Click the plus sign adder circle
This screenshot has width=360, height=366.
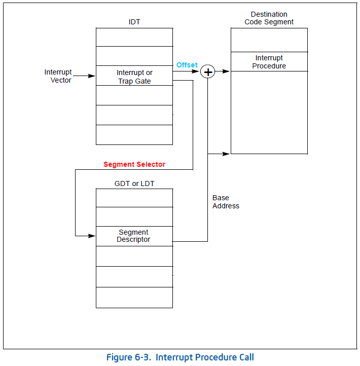point(208,72)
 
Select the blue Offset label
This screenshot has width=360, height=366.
point(187,65)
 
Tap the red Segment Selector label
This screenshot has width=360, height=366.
point(134,164)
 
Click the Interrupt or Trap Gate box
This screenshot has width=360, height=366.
point(134,76)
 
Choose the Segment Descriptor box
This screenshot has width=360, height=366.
point(134,236)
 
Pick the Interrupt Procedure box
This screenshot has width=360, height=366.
point(269,62)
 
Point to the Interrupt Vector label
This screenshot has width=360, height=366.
point(58,76)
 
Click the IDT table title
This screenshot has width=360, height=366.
point(134,22)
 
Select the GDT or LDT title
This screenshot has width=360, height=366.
point(134,184)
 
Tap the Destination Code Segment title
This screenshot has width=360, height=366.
point(269,18)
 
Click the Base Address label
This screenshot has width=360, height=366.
point(226,202)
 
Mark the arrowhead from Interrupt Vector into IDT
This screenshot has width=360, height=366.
point(92,76)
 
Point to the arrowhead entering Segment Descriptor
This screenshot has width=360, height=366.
point(92,236)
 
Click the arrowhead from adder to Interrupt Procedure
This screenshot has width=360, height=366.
point(227,72)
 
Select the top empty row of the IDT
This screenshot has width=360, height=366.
point(134,37)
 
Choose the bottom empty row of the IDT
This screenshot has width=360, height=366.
point(134,135)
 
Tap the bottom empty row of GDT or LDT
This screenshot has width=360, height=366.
point(134,298)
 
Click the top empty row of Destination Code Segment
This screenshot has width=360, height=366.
point(269,40)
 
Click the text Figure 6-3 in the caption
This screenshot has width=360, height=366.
point(128,357)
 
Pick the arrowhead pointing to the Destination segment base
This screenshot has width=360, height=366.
point(227,154)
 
